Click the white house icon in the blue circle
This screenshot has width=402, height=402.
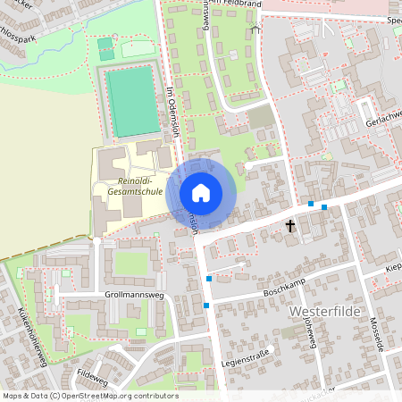(200, 193)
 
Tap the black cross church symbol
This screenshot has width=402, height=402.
(290, 227)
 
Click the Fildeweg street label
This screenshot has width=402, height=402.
(92, 376)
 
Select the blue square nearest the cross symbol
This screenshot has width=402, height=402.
(310, 205)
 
